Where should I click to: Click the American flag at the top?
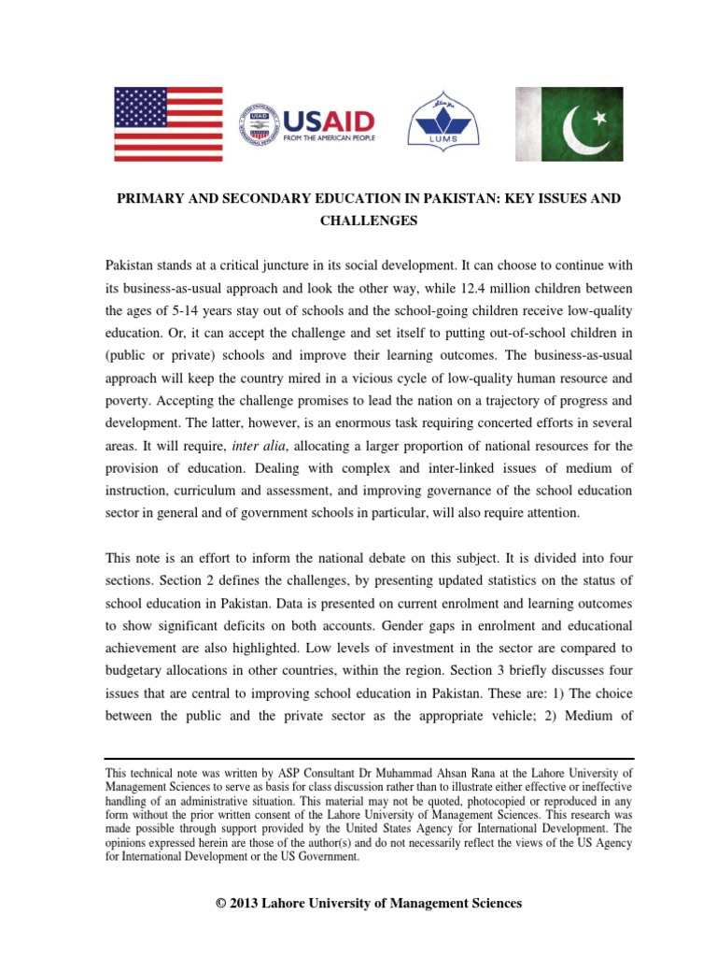coord(168,124)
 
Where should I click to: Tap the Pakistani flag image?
coord(570,124)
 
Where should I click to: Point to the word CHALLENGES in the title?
coord(358,221)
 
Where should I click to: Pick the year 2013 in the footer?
coord(246,903)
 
